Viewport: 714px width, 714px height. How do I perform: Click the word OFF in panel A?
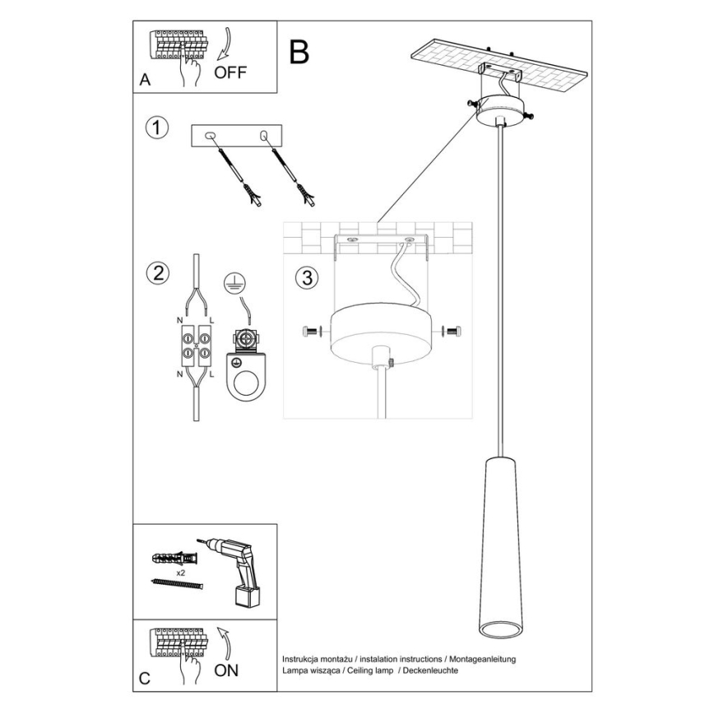coord(230,72)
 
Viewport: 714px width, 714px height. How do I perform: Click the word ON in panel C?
coord(226,670)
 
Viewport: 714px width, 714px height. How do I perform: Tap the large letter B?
coord(299,51)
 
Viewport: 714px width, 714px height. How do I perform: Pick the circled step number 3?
coord(307,278)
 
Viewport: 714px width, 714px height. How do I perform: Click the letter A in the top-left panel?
coord(146,81)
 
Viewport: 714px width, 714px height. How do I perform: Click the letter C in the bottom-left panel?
coord(146,679)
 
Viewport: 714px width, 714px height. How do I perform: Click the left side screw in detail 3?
coord(311,331)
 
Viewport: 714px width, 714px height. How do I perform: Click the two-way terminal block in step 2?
coord(196,345)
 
